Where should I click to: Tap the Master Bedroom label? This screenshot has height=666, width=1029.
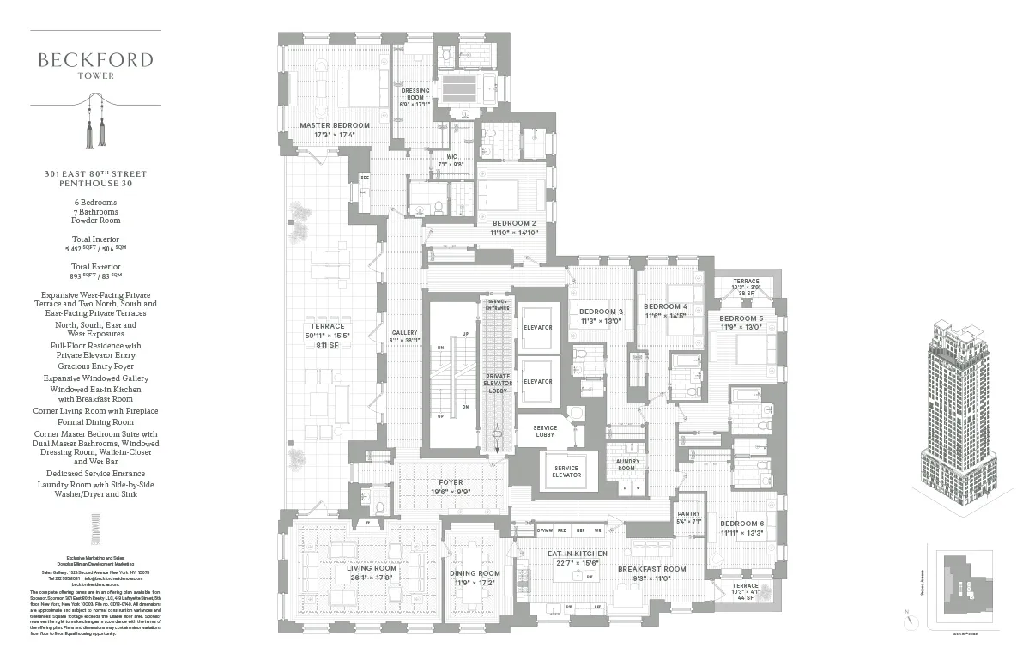tap(335, 125)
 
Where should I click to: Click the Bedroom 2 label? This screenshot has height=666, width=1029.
tap(514, 223)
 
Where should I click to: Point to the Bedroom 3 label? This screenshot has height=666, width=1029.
tap(601, 312)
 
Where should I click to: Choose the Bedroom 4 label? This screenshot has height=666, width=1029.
tap(666, 306)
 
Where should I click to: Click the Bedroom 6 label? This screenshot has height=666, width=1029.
tap(741, 524)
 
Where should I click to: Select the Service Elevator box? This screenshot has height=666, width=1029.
tap(566, 471)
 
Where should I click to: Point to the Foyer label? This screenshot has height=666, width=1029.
tap(451, 482)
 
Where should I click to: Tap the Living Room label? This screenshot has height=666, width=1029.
tap(372, 568)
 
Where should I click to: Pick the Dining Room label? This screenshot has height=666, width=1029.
tap(475, 573)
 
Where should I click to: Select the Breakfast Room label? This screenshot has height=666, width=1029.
tap(652, 569)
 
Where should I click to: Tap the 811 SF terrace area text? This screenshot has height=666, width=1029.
tap(328, 345)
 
